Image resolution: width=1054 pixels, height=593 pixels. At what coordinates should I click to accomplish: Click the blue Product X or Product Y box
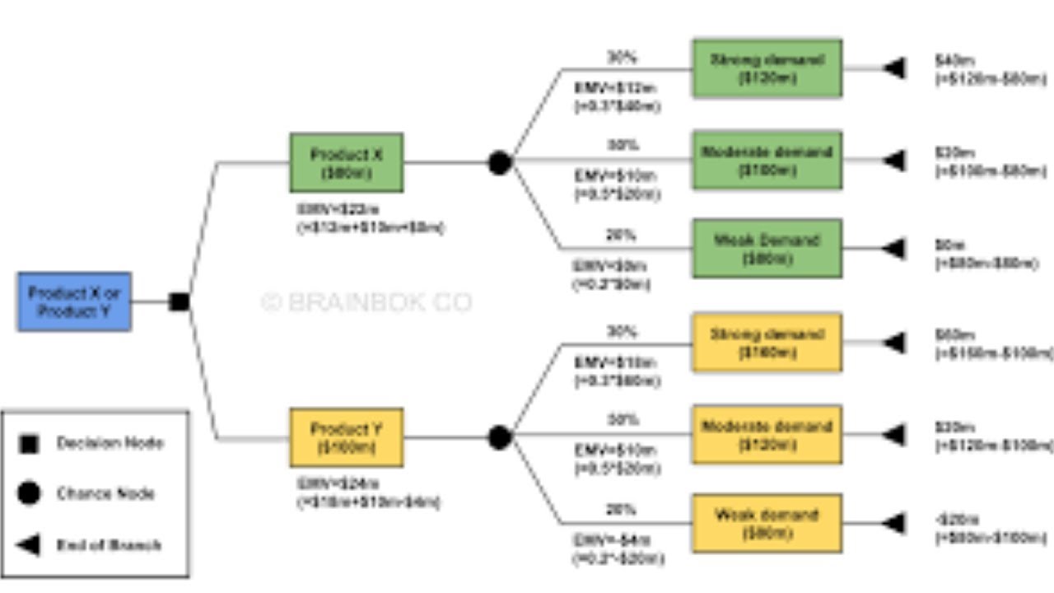[x=74, y=302]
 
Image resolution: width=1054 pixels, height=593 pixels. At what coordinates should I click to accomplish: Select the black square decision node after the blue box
[x=179, y=302]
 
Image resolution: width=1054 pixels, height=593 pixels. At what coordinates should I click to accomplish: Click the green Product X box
[x=346, y=163]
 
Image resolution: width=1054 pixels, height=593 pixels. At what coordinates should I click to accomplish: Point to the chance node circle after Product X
[x=499, y=163]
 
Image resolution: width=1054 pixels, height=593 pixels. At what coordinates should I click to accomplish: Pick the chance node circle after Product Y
[x=499, y=437]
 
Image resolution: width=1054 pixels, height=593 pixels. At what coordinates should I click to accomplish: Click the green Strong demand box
[x=767, y=69]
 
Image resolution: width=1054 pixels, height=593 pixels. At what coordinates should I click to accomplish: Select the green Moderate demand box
[x=767, y=161]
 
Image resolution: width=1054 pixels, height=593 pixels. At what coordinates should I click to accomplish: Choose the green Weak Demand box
[x=767, y=249]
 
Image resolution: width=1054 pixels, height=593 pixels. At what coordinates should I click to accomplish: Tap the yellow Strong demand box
[x=767, y=343]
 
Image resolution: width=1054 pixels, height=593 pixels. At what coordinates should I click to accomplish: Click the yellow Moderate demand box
[x=767, y=435]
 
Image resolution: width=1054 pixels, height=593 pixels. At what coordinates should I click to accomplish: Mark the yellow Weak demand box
[x=767, y=524]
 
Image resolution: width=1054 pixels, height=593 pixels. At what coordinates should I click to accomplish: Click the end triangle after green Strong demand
[x=894, y=68]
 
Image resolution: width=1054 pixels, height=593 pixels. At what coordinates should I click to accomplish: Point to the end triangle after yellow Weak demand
[x=894, y=524]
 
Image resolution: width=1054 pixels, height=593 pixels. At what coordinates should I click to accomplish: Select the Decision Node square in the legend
[x=29, y=444]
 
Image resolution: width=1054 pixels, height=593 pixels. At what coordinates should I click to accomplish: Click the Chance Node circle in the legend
[x=29, y=493]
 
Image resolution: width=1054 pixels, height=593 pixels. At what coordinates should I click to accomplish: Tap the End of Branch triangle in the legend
[x=29, y=544]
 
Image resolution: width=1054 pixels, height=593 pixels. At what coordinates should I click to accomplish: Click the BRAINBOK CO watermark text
[x=366, y=303]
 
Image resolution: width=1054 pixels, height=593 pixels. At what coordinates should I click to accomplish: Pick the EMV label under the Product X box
[x=370, y=219]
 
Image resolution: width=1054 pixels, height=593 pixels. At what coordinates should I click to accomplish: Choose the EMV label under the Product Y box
[x=367, y=493]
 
